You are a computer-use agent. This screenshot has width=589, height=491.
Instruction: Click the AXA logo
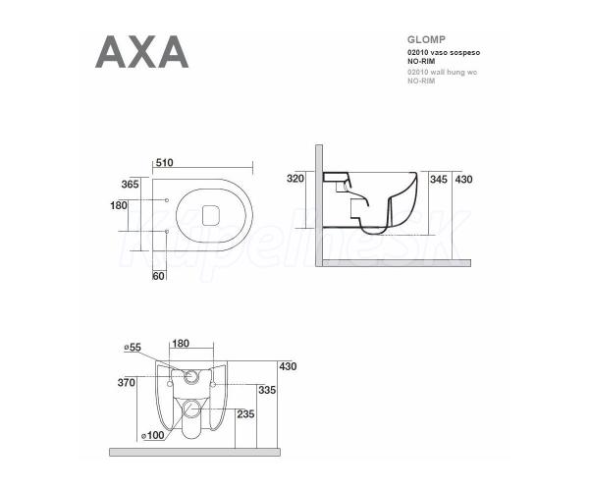pos(141,52)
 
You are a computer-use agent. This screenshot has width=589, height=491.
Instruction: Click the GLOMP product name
pos(426,39)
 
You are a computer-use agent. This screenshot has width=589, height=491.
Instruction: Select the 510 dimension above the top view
pos(165,163)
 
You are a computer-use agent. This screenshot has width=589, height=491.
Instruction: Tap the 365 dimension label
pos(130,184)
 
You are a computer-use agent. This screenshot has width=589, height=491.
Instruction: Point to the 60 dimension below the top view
pos(158,276)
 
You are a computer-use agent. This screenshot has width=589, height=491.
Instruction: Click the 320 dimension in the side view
pos(295,179)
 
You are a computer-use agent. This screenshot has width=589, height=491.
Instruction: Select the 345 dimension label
pos(439,179)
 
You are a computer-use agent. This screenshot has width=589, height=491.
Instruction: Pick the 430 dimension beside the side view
pos(463,179)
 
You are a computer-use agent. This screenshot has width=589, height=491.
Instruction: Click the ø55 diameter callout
pos(133,348)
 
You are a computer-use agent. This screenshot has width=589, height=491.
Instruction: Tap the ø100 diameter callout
pos(153,435)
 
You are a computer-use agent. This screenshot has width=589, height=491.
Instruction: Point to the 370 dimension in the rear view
pos(127,382)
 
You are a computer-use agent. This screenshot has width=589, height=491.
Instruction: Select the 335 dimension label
pos(267,390)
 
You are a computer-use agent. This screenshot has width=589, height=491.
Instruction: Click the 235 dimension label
pos(245,414)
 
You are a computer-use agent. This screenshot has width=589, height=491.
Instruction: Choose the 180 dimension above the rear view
pos(181,344)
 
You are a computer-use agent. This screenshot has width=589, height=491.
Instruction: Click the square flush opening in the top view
pos(211,215)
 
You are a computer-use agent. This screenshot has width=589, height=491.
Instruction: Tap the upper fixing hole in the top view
pos(167,200)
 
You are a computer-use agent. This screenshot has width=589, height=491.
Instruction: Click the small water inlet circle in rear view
pos(191,376)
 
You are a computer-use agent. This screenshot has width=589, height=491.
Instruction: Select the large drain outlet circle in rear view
pos(191,409)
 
